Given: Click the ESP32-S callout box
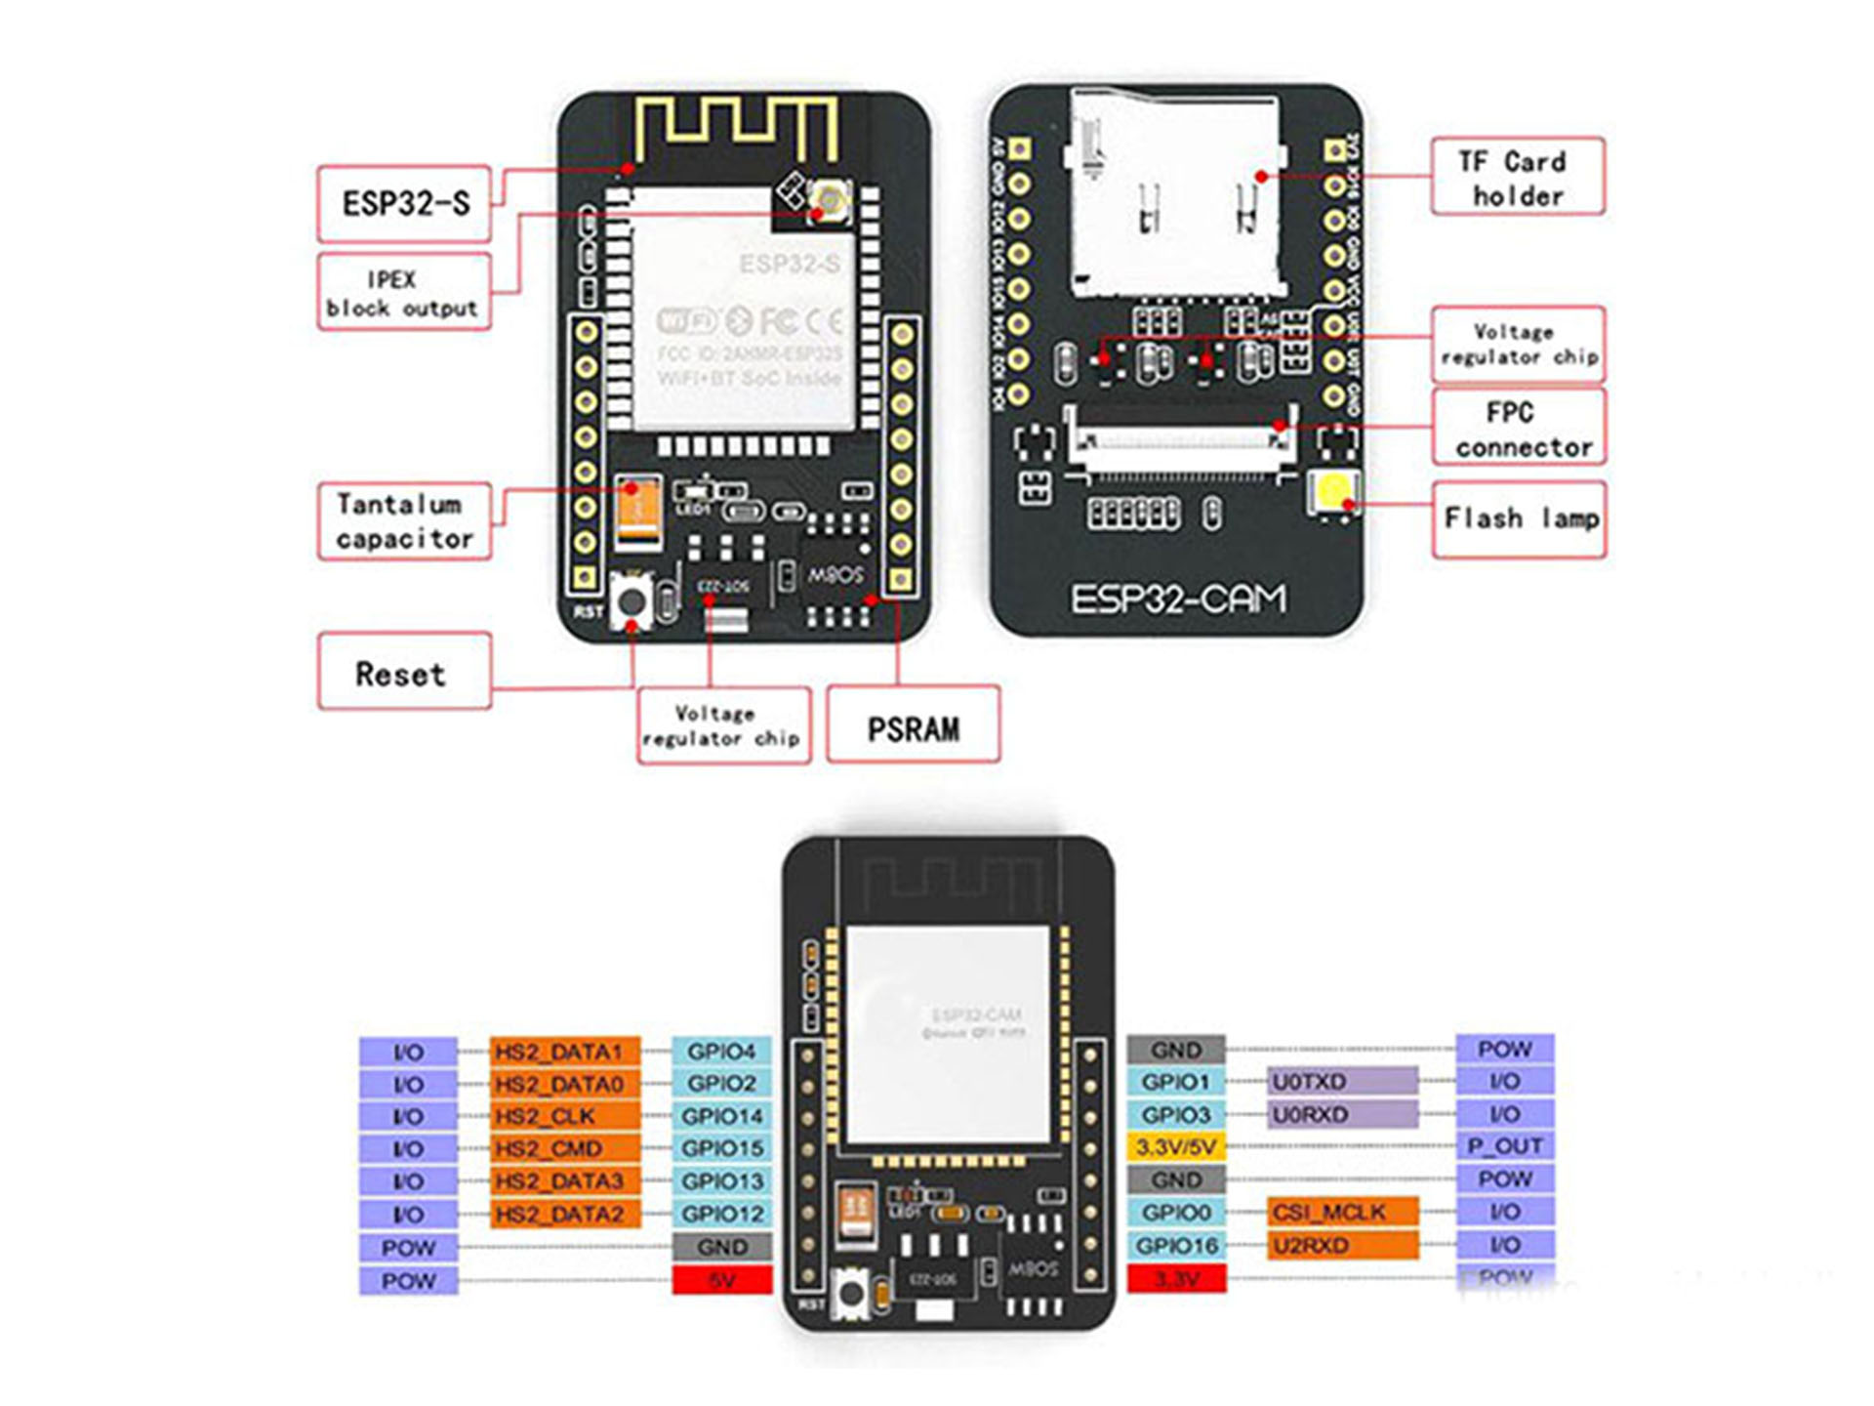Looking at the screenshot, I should coord(404,203).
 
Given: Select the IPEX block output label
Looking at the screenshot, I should coord(403,293).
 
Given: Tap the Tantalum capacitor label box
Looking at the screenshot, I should coord(404,521).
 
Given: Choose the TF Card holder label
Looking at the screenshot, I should coord(1517,177).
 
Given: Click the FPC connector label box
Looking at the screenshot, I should coord(1519,428).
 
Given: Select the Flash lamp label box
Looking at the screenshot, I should coord(1519,518).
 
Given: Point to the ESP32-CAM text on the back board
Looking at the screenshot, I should coord(1178,599).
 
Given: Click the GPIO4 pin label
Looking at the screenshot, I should coord(721,1052).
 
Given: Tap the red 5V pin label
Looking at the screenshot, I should coord(721,1280).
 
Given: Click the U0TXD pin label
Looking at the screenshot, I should coord(1342,1082).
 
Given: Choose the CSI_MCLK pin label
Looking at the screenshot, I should coord(1342,1213).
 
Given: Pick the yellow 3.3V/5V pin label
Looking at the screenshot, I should coord(1175,1147).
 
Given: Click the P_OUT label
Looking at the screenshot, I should coord(1504,1146).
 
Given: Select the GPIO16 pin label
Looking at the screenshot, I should coord(1175,1246).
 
